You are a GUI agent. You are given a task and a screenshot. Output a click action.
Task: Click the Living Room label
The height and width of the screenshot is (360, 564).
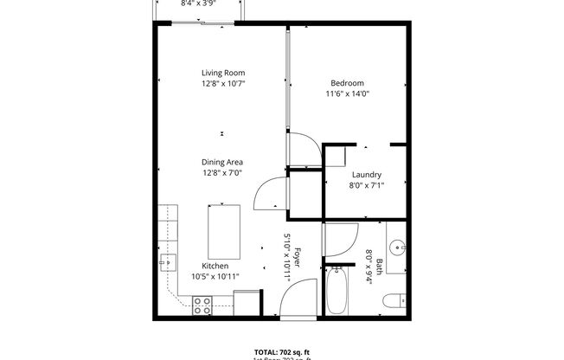click(223, 73)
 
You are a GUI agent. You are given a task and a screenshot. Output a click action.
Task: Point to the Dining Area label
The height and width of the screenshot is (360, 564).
click(222, 162)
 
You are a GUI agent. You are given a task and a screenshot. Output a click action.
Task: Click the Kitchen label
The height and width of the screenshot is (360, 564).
click(215, 266)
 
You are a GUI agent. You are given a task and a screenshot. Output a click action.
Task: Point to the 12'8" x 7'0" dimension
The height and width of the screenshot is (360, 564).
click(222, 172)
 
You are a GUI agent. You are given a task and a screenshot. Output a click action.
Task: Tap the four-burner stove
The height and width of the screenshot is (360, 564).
click(203, 305)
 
